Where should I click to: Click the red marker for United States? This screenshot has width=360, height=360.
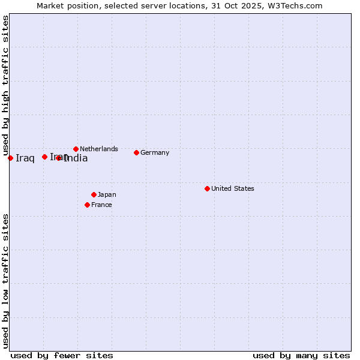click(x=207, y=188)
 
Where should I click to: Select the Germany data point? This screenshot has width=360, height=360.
click(x=136, y=152)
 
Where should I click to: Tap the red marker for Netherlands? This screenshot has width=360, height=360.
click(x=76, y=149)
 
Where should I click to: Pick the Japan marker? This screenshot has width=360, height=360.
click(x=94, y=194)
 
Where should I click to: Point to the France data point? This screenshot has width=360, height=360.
click(x=87, y=205)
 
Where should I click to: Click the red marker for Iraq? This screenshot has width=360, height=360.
click(x=10, y=158)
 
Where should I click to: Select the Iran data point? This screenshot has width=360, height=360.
click(x=44, y=157)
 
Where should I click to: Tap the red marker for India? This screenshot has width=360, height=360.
click(x=58, y=158)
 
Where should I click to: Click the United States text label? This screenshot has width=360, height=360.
click(x=233, y=188)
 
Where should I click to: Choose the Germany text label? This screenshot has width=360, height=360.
click(x=155, y=152)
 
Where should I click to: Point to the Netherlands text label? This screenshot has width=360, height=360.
click(x=99, y=149)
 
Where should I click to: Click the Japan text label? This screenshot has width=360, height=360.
click(x=107, y=194)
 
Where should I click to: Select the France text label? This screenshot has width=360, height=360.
click(x=101, y=205)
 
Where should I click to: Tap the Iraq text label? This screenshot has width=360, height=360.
click(x=25, y=158)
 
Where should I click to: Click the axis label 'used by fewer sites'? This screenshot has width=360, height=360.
click(x=62, y=355)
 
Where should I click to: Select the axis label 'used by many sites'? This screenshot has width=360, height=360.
click(x=301, y=355)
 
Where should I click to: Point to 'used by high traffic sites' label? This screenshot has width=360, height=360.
click(x=5, y=85)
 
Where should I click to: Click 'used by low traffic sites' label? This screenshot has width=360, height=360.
click(x=5, y=280)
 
